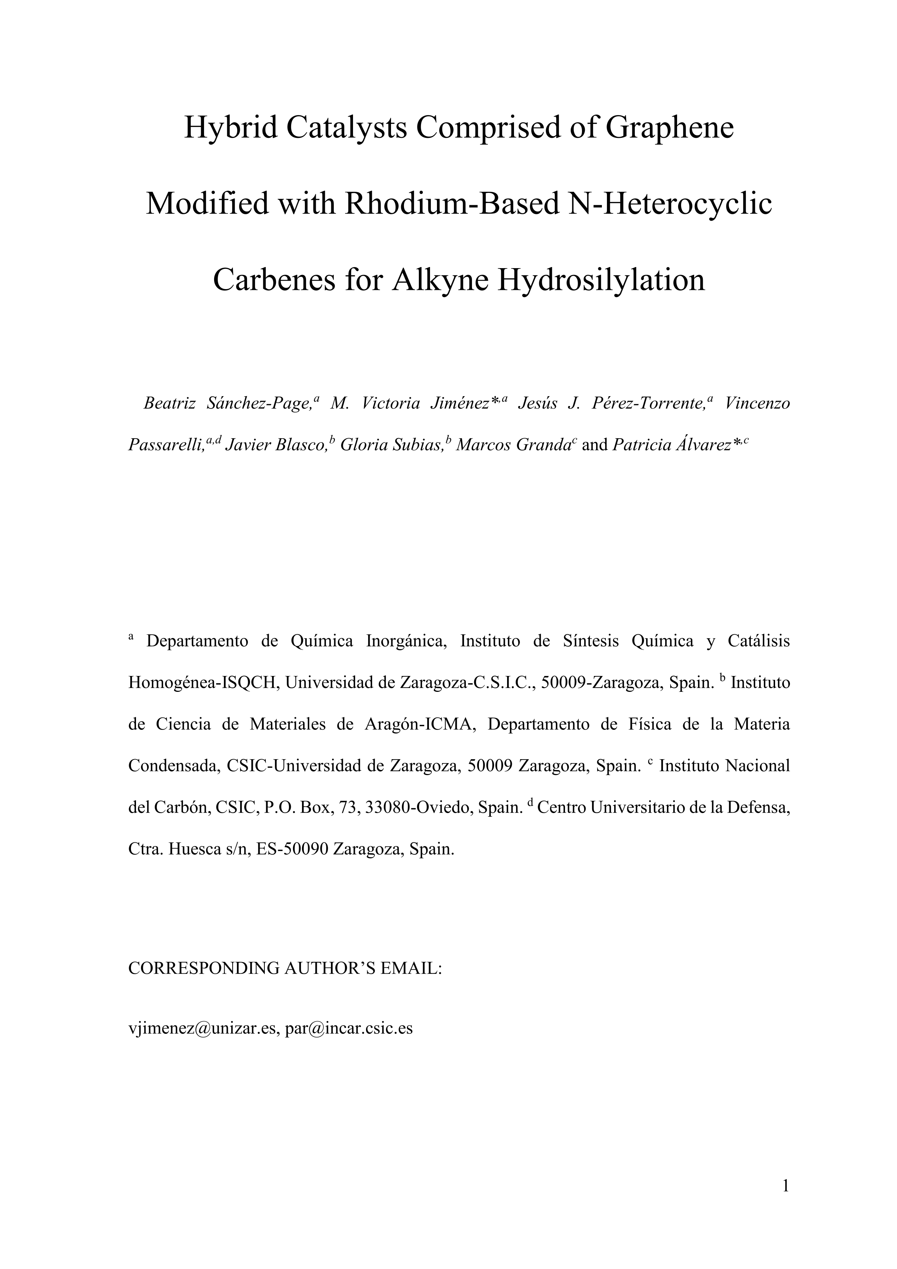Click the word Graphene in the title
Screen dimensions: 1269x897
tap(669, 128)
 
